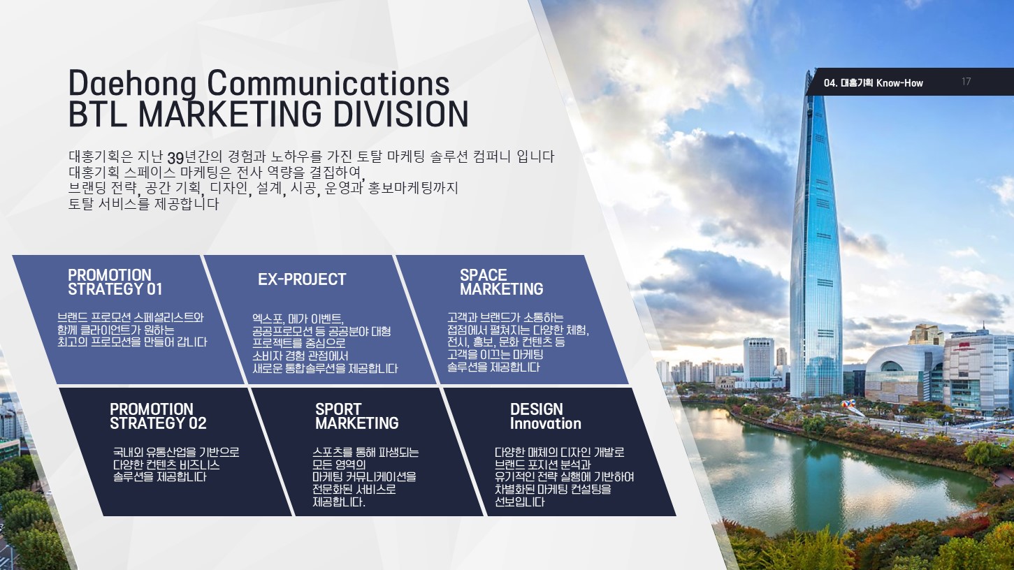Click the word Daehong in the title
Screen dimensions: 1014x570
132,84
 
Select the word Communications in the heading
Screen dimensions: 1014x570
328,83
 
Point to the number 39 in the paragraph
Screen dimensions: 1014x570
175,158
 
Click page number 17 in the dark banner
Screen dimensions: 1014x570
966,82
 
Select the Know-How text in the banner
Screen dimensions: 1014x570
899,83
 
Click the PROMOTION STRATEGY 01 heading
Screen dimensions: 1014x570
115,282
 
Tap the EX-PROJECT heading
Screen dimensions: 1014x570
302,279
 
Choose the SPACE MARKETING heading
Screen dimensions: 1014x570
502,282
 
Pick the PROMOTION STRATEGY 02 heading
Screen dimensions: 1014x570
158,416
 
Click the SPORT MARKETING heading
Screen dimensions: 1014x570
356,416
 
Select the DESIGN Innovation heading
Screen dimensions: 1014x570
546,416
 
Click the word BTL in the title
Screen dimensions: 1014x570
97,114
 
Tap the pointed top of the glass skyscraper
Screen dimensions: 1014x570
809,71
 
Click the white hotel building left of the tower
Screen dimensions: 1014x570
758,360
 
